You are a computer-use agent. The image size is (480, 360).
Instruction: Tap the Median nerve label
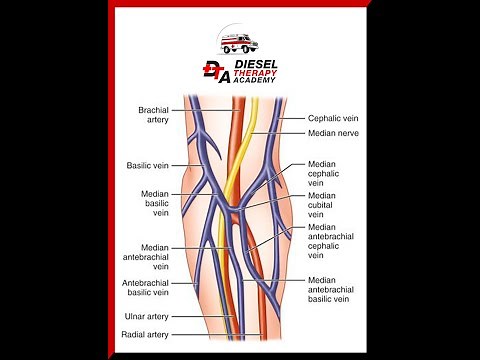333,132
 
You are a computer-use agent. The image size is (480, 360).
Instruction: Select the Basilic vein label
151,165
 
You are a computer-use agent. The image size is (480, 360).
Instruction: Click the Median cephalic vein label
323,173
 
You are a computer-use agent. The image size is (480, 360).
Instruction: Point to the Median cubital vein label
322,205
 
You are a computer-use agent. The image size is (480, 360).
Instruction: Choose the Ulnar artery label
148,317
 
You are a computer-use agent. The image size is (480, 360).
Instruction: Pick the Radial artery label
147,334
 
